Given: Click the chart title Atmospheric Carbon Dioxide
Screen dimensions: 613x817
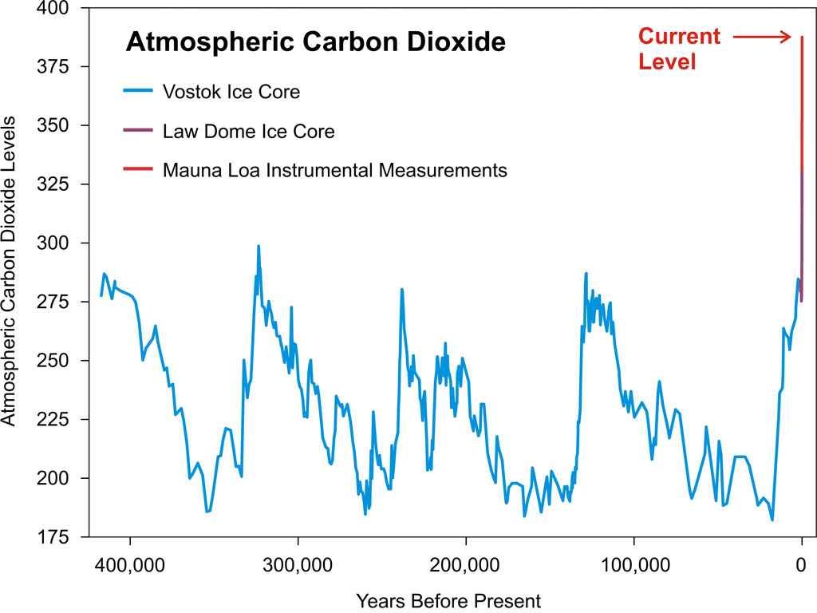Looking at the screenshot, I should point(315,42).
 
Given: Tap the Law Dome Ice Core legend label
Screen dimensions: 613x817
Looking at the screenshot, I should point(249,131).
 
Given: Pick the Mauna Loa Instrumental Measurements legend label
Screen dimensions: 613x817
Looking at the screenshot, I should point(335,170).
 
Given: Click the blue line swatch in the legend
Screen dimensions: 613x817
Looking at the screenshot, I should point(137,92).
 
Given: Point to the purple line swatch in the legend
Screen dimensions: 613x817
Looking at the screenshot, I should point(137,131).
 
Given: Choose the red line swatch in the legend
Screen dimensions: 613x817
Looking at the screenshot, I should point(137,170).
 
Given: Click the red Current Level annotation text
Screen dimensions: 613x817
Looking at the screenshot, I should point(678,49).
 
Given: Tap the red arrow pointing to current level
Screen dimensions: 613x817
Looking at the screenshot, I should point(761,37).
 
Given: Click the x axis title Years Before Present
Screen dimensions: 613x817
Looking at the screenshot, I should point(448,600).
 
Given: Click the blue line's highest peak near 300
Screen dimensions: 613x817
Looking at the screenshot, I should point(259,247).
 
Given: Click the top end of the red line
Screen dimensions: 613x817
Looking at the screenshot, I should point(801,38).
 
